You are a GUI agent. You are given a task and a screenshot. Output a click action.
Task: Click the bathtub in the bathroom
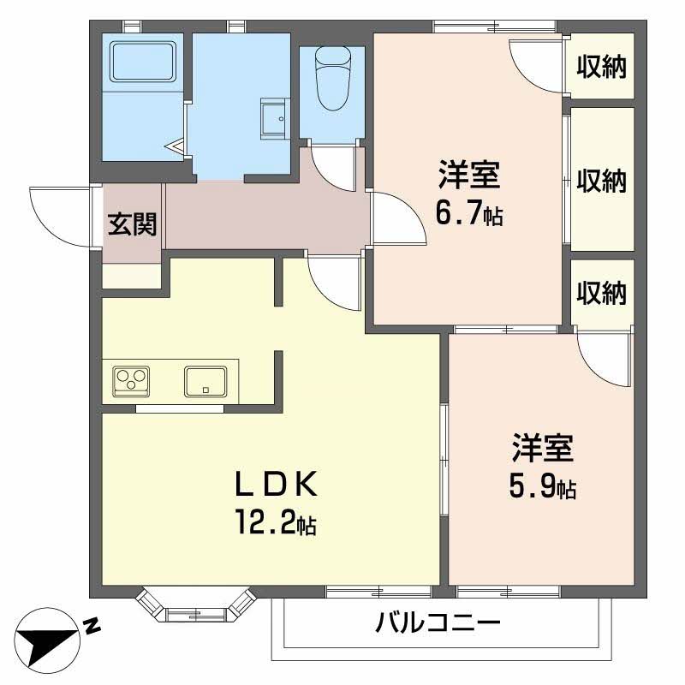(143, 61)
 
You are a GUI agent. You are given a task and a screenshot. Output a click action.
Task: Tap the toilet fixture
(333, 79)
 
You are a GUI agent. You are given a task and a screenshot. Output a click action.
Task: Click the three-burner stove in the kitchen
(131, 381)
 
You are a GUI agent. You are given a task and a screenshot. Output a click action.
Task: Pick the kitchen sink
(205, 381)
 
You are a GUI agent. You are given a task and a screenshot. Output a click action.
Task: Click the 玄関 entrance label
(132, 224)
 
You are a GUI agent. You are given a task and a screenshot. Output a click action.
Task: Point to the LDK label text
(276, 484)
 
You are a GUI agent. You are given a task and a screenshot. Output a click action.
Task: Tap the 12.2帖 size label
(276, 522)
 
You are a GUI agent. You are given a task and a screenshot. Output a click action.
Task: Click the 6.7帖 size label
(469, 212)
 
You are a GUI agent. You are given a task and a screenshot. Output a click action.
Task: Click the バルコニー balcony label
(438, 622)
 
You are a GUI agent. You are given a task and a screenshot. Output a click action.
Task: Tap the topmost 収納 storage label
(602, 67)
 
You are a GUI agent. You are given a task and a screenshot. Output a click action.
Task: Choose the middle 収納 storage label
(602, 180)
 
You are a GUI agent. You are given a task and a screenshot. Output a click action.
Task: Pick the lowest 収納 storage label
(602, 293)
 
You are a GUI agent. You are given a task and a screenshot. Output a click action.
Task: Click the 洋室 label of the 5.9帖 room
(542, 448)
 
